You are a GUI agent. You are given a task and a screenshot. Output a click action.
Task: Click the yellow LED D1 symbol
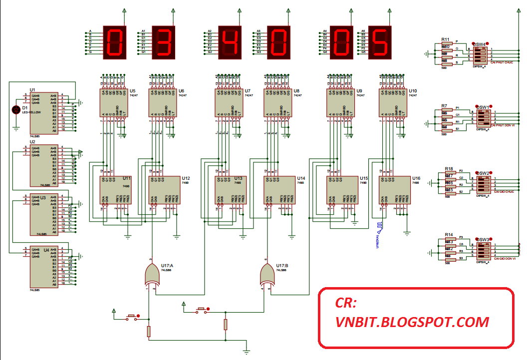pyautogui.click(x=15, y=109)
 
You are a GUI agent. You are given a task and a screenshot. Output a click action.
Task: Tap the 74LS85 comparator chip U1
pyautogui.click(x=43, y=112)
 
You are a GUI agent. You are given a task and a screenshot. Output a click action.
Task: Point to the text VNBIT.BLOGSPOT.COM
pyautogui.click(x=412, y=322)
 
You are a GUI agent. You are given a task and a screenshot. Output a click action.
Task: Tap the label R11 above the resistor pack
pyautogui.click(x=445, y=39)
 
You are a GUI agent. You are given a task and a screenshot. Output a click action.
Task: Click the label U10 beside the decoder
pyautogui.click(x=413, y=91)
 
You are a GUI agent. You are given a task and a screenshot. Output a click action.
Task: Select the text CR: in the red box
pyautogui.click(x=346, y=303)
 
